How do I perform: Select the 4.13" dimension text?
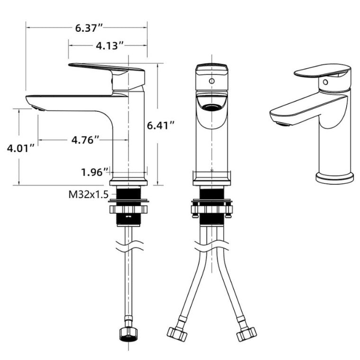[110, 45]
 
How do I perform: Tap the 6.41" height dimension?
[161, 126]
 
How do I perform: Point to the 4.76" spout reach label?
[85, 140]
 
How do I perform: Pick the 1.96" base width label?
[95, 171]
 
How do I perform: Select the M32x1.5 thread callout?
[88, 194]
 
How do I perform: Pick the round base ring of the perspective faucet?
[334, 178]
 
